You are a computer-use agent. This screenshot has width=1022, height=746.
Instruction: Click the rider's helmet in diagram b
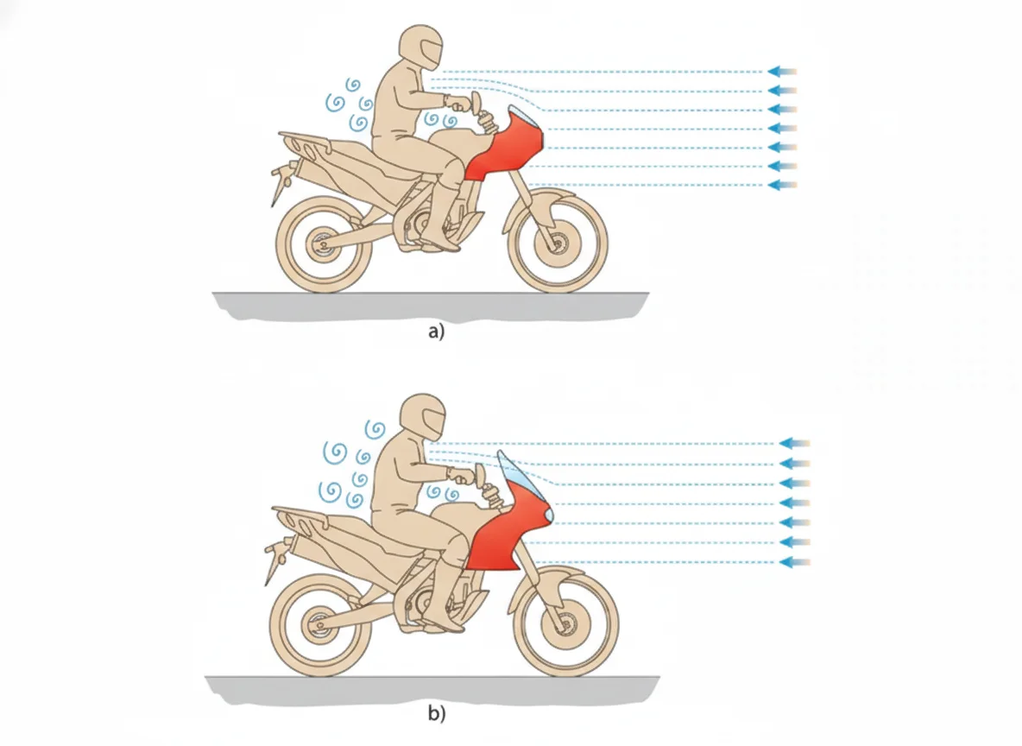(423, 416)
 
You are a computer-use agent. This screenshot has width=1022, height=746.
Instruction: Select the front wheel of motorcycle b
(565, 625)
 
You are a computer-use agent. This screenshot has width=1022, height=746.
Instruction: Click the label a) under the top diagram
(436, 332)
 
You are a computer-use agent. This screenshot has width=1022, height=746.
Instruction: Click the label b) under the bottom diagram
(437, 713)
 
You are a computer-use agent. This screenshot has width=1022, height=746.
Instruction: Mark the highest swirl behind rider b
(375, 429)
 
